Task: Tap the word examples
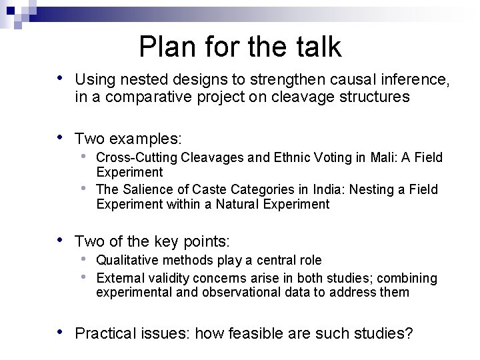(x=146, y=139)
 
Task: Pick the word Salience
(x=145, y=189)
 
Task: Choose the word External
(x=117, y=277)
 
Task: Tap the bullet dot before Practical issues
(x=61, y=331)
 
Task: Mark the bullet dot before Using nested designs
(x=61, y=79)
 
